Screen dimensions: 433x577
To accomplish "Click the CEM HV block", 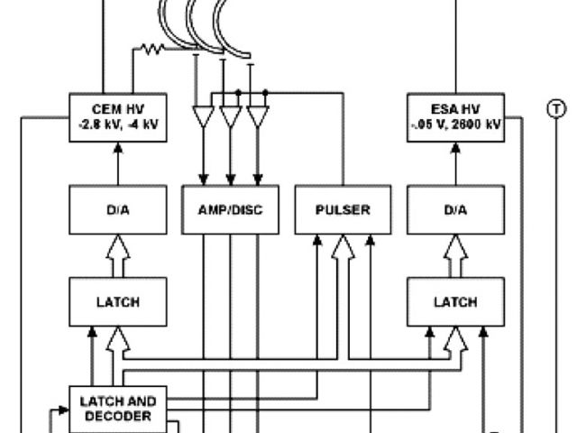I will (x=116, y=117).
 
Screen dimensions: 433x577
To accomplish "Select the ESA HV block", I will (x=454, y=117).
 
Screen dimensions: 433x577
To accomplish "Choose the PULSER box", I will (x=343, y=211).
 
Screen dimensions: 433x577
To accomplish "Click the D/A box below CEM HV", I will (x=116, y=211).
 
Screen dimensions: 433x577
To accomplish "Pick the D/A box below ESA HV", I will (x=454, y=211).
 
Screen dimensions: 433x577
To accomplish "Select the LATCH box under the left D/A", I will (x=116, y=302).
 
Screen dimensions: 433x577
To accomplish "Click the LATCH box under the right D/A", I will (x=454, y=302).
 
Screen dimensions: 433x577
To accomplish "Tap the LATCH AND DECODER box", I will (x=118, y=409).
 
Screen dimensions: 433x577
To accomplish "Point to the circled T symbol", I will (x=555, y=109).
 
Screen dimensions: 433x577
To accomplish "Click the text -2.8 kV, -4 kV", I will (x=116, y=124).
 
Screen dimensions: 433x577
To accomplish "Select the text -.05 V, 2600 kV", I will (x=454, y=124).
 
